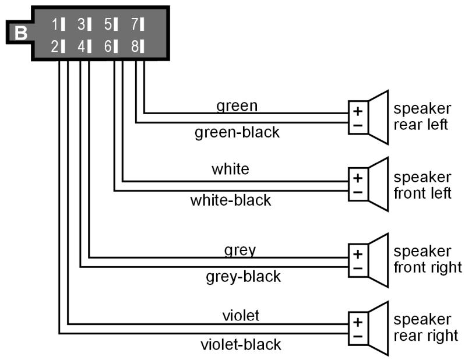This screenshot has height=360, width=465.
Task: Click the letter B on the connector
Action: pyautogui.click(x=21, y=33)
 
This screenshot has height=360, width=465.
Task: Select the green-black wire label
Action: pyautogui.click(x=237, y=132)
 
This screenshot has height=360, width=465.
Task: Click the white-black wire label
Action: pyautogui.click(x=231, y=200)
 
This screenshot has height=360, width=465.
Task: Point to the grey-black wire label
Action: pyautogui.click(x=243, y=276)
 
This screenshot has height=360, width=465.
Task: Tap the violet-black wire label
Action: pyautogui.click(x=240, y=344)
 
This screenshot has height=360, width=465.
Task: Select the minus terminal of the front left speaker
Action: pyautogui.click(x=357, y=192)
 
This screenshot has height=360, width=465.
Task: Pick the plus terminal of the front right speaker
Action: pyautogui.click(x=357, y=254)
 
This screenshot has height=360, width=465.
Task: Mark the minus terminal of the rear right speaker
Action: pyautogui.click(x=357, y=336)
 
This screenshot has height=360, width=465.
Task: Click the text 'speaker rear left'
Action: pyautogui.click(x=422, y=117)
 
